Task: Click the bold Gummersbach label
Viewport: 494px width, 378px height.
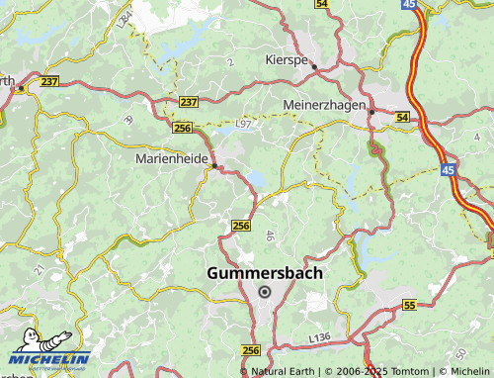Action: tap(265, 272)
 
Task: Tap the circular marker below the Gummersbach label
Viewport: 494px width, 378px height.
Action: tap(264, 291)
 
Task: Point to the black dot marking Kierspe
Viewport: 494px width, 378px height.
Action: tap(314, 67)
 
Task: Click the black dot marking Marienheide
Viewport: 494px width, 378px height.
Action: tap(214, 166)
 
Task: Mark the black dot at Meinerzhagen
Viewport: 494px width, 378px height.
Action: tap(370, 111)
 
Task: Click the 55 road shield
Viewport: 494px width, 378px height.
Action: tap(409, 306)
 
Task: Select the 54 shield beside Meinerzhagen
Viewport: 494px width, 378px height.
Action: tap(401, 118)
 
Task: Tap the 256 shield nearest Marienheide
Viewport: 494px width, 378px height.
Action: tap(181, 128)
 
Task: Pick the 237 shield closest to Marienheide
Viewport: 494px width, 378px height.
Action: tap(189, 102)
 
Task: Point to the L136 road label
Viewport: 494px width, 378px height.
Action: tap(318, 338)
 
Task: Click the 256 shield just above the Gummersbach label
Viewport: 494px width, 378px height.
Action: tap(240, 227)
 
